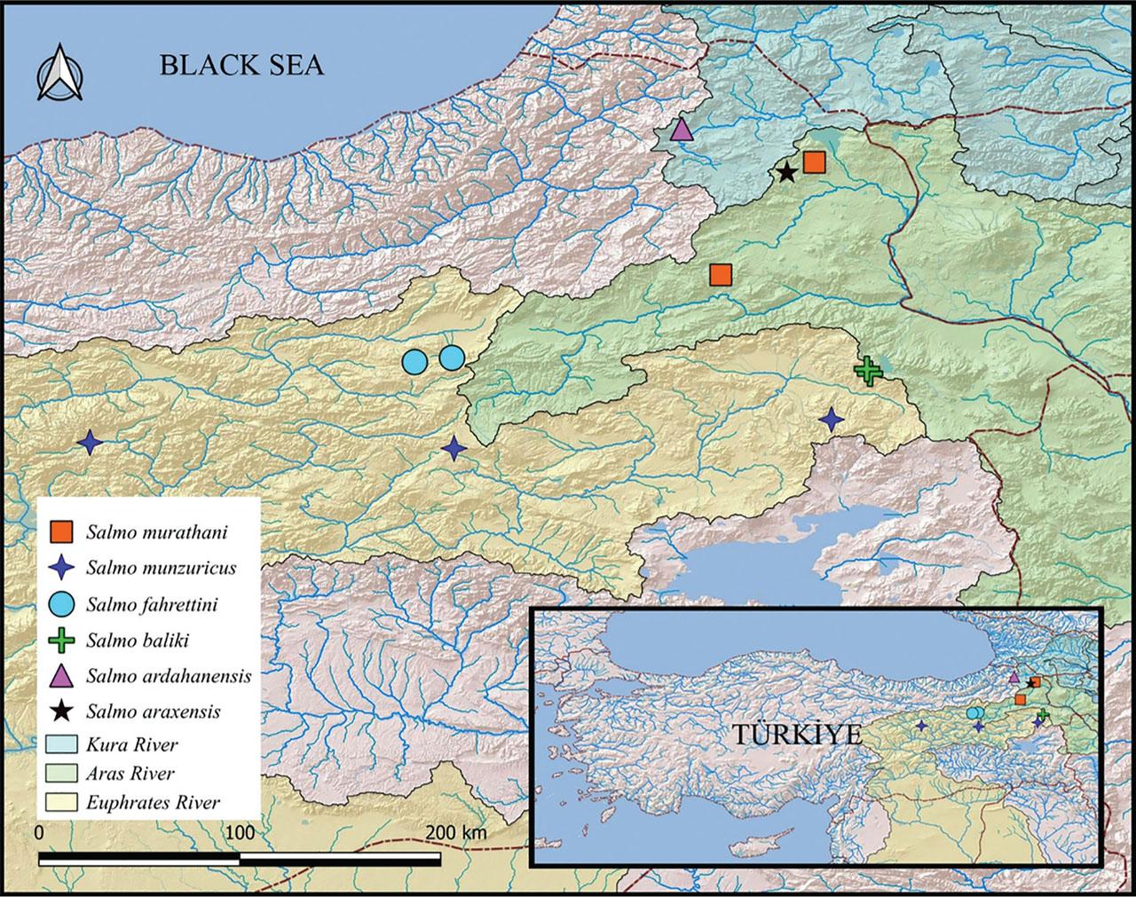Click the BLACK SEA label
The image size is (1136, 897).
241,66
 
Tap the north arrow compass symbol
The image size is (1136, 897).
59,74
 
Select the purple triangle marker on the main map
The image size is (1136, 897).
681,130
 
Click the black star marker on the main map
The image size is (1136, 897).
786,172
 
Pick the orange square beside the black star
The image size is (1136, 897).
814,162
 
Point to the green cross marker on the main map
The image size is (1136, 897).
867,370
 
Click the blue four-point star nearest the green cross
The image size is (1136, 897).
831,419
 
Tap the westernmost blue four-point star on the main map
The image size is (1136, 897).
89,442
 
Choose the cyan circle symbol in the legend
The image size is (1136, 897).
64,605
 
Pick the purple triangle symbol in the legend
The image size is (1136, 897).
64,675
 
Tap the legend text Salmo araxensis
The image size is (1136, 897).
154,711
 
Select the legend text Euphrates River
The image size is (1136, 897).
153,802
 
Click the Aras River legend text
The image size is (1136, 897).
130,773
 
